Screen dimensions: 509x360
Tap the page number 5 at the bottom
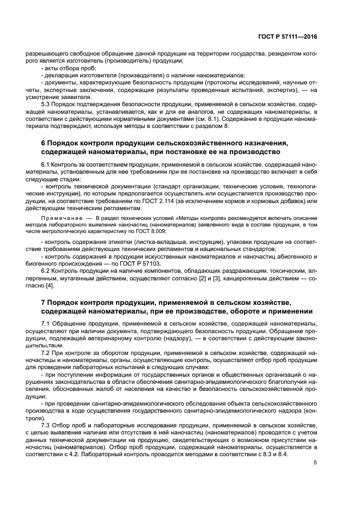[315, 463]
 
